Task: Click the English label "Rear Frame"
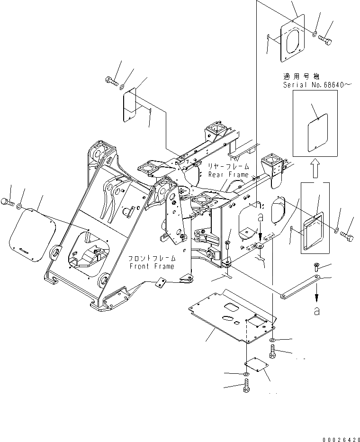228,174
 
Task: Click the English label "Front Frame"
151,266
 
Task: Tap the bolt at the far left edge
7,203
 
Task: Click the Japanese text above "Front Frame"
151,259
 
